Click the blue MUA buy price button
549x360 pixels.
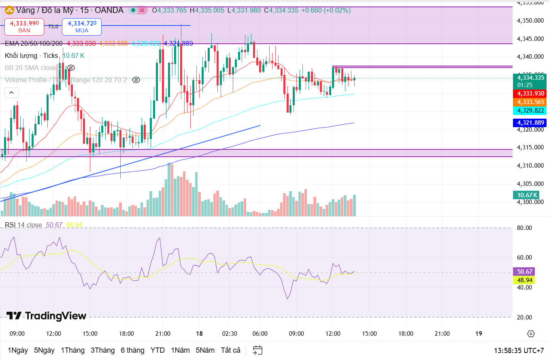coord(81,27)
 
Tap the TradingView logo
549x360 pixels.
coord(46,316)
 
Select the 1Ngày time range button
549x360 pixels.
coord(18,350)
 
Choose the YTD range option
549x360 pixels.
coord(157,350)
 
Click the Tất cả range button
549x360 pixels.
coord(230,350)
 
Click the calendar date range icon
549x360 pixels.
coord(257,350)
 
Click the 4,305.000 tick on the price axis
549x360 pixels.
coord(530,184)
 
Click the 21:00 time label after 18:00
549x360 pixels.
coord(442,334)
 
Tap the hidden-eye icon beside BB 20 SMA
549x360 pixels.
coord(71,68)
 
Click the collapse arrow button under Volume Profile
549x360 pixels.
coord(11,93)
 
